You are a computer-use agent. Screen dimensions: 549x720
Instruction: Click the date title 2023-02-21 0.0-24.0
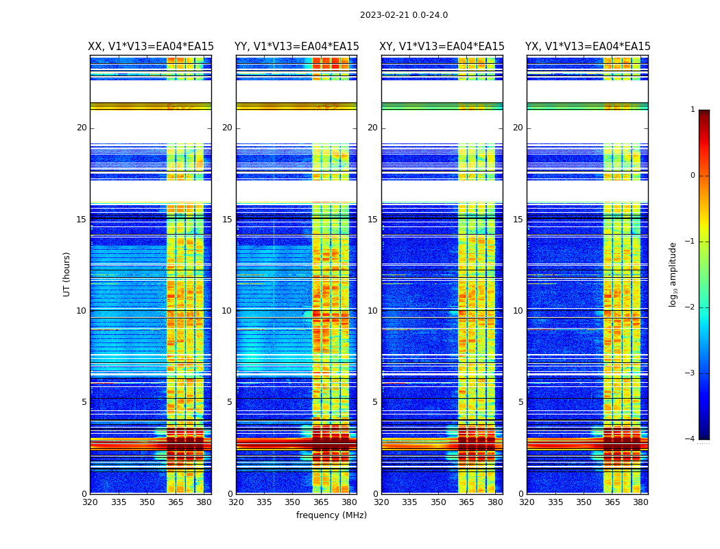tap(404, 15)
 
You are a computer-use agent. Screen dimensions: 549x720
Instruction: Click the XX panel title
tap(151, 47)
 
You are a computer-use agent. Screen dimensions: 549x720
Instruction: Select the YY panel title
tap(296, 47)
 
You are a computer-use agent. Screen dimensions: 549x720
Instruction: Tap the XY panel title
tap(442, 47)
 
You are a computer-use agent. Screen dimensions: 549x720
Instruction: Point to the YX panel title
tap(588, 47)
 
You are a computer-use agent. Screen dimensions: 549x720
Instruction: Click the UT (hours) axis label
tap(67, 274)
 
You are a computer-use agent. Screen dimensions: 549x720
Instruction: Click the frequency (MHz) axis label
tap(331, 515)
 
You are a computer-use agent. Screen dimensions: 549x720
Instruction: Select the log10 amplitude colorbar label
tap(673, 274)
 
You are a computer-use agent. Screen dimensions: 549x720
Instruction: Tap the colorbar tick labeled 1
tap(693, 110)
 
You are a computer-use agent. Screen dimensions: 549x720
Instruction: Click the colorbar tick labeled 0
tap(693, 176)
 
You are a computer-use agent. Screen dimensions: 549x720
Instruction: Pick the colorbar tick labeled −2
tap(691, 307)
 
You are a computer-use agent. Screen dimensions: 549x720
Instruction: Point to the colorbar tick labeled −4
tap(691, 439)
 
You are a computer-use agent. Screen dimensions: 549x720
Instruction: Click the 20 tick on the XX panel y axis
tap(82, 128)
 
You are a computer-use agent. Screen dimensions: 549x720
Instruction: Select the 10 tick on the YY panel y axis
tap(227, 311)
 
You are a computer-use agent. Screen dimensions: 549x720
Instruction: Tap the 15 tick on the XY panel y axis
tap(372, 220)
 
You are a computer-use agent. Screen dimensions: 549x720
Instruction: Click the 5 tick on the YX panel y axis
tap(520, 402)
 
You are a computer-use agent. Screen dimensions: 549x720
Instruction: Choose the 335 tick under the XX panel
tap(119, 502)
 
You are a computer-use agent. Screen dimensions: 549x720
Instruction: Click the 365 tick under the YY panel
tap(321, 502)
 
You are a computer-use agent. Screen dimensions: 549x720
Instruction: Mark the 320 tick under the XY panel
tap(382, 502)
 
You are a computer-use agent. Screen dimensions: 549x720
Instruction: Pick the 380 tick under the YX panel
tap(640, 502)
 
